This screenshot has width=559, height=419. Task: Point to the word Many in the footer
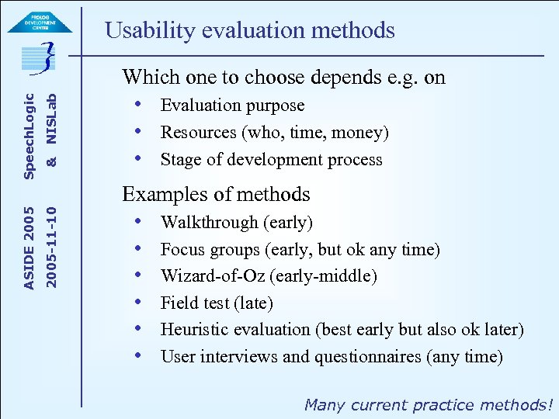(x=325, y=404)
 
